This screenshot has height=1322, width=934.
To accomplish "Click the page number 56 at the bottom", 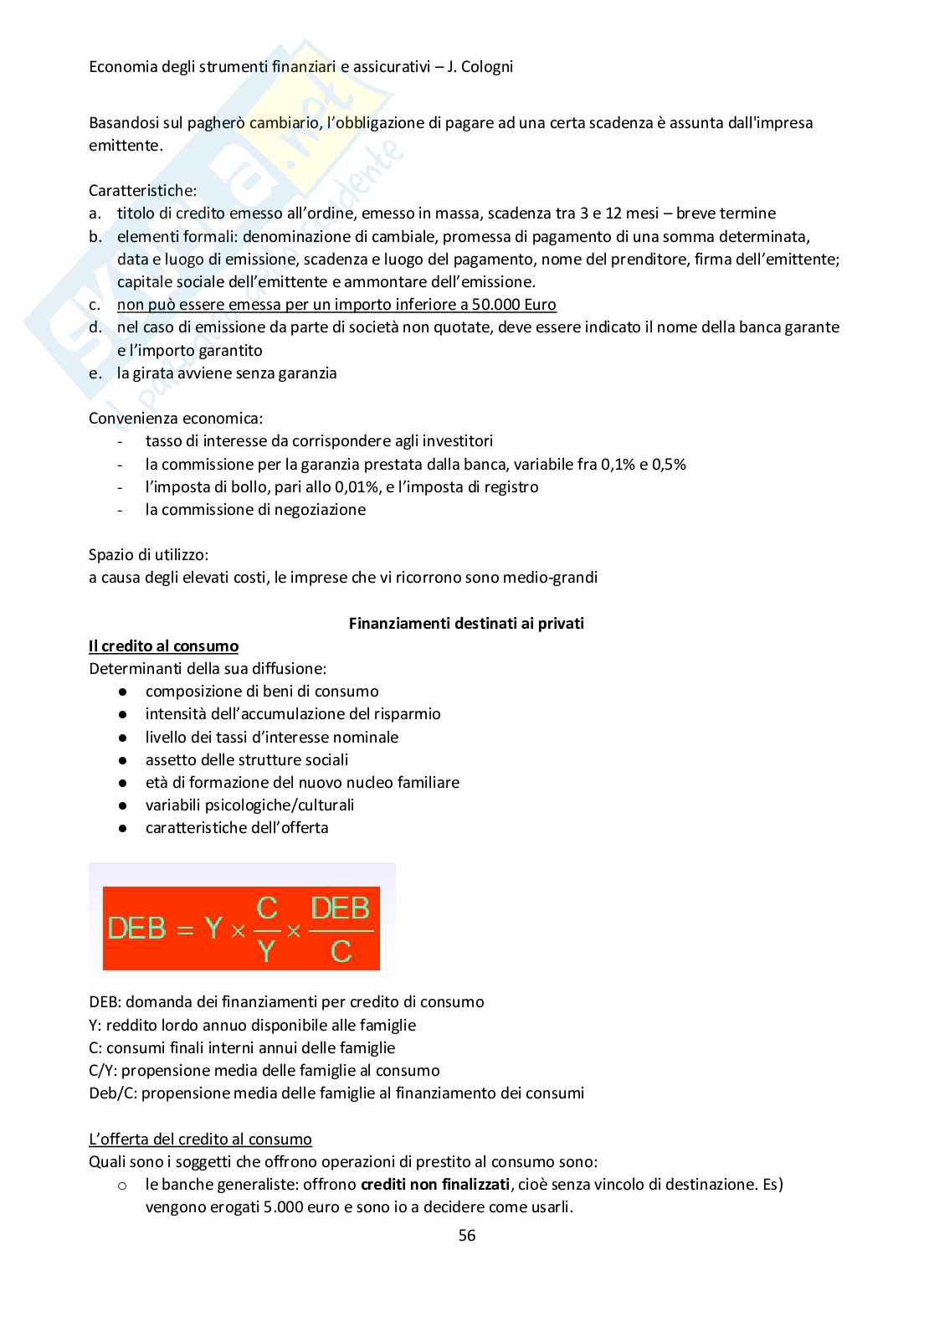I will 467,1235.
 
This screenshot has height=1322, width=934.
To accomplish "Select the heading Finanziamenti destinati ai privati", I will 466,623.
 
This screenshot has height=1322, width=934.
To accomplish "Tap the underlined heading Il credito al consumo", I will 163,646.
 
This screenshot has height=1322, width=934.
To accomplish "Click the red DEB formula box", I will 241,928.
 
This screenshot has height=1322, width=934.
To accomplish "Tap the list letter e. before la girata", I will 95,373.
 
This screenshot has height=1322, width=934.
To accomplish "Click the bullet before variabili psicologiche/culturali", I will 122,805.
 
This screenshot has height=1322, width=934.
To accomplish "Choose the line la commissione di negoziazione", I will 255,509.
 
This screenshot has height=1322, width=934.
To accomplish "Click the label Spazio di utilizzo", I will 149,554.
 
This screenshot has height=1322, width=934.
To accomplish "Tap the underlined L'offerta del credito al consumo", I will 200,1139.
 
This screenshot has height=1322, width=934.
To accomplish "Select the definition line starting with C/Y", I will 264,1070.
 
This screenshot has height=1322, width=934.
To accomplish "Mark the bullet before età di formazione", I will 122,783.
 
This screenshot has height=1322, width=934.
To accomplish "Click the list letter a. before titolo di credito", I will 95,213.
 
